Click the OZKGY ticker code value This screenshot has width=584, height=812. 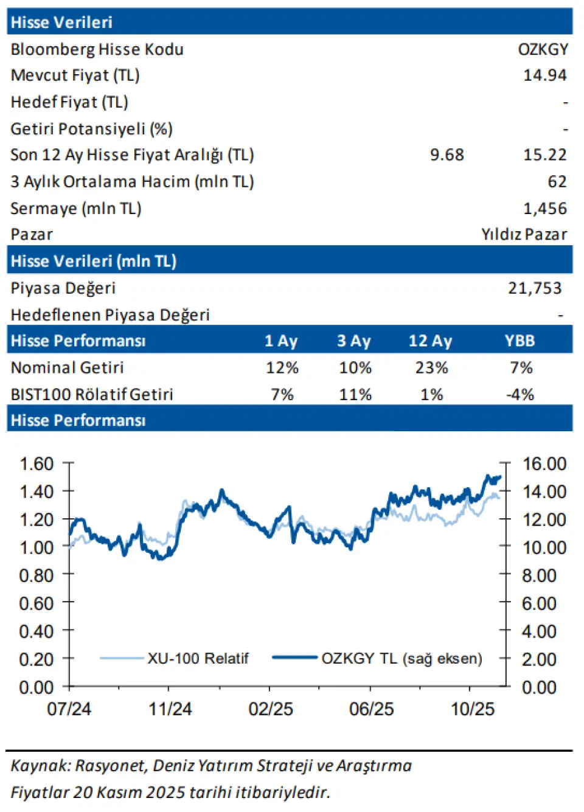click(543, 49)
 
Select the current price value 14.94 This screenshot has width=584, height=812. click(544, 75)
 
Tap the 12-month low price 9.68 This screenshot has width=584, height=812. click(447, 155)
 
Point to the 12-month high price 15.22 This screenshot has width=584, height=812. click(544, 155)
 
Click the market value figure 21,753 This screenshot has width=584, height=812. click(535, 288)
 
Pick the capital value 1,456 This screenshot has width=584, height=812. click(544, 209)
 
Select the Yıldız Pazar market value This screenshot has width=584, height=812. click(524, 235)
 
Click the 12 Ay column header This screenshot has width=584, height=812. click(430, 341)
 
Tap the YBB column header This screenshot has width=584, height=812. click(520, 341)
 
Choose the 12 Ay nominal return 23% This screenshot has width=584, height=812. click(431, 368)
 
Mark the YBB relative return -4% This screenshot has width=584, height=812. click(520, 395)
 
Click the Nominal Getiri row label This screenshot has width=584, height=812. click(67, 368)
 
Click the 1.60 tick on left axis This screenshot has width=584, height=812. click(36, 464)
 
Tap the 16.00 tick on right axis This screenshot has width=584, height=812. click(544, 464)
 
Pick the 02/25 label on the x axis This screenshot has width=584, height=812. click(271, 709)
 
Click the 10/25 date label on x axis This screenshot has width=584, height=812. click(473, 709)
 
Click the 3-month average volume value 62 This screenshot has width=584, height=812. click(557, 182)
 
